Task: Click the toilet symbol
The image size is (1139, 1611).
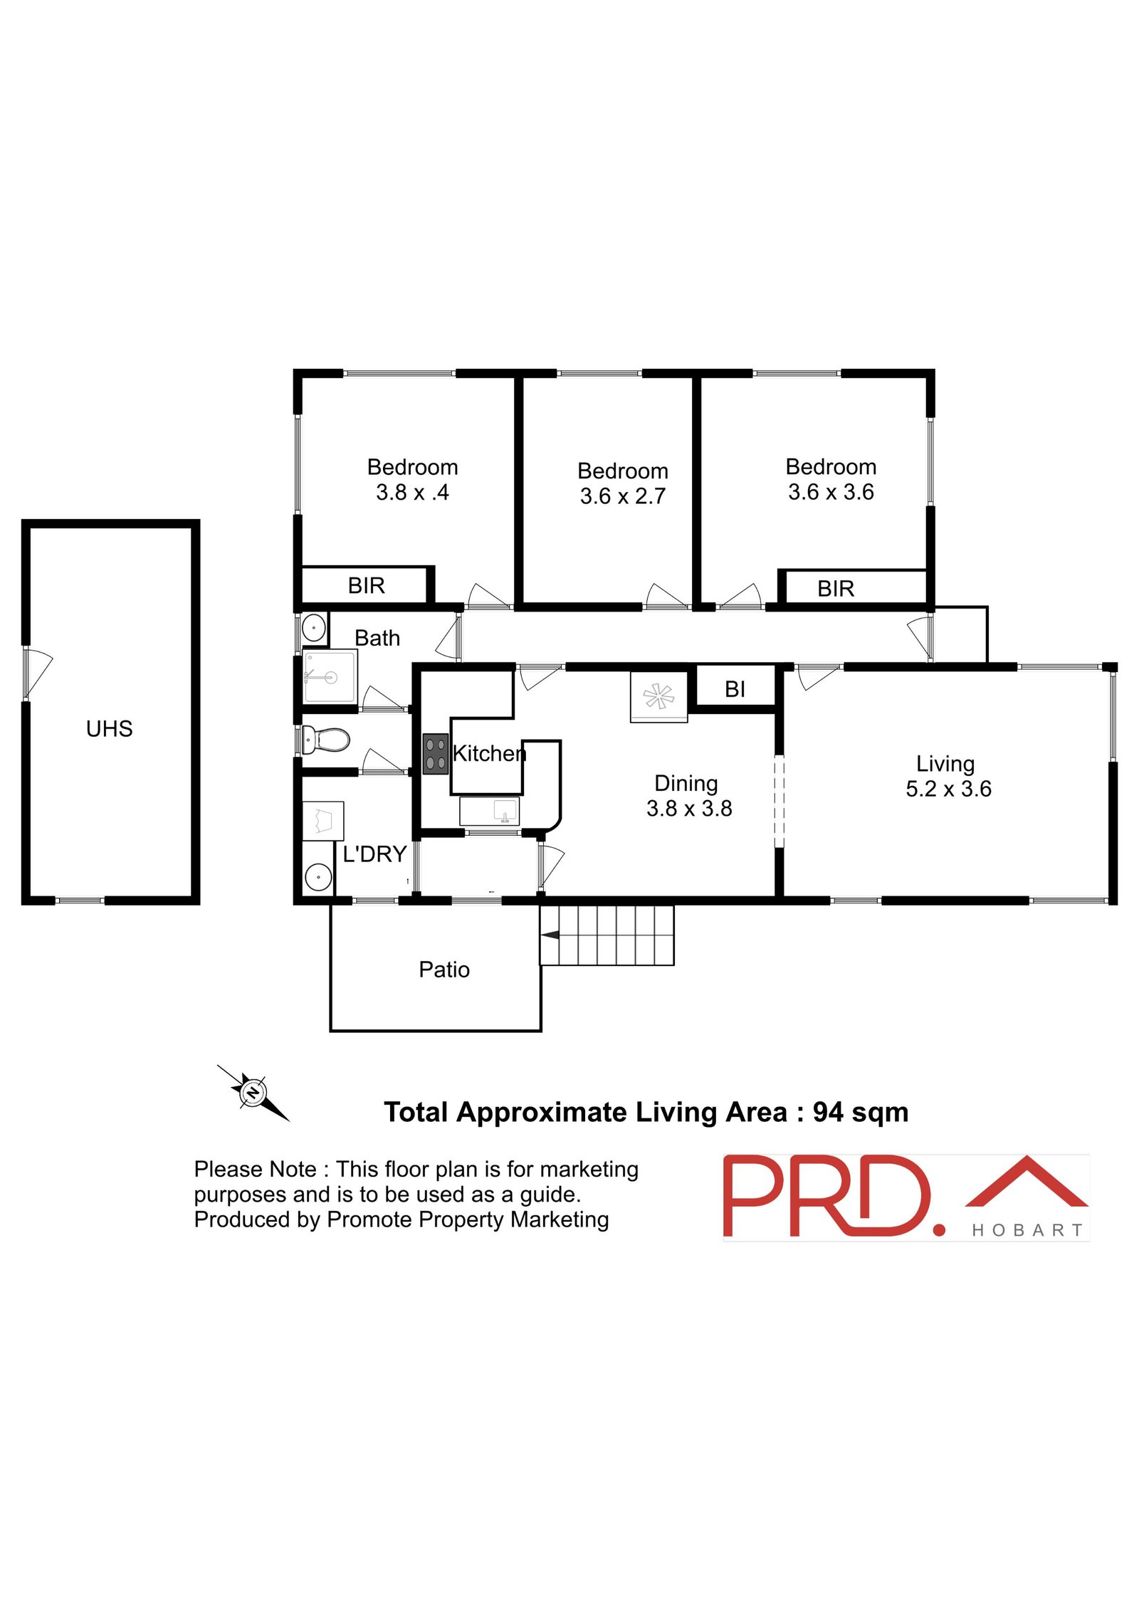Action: click(x=325, y=740)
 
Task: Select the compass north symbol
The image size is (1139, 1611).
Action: click(x=253, y=1093)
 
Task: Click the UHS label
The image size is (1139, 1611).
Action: click(x=109, y=728)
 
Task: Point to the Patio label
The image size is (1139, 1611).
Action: click(x=444, y=970)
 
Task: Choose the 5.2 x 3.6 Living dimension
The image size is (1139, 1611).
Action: click(x=948, y=789)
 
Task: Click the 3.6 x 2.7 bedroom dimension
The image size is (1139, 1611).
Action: click(x=623, y=496)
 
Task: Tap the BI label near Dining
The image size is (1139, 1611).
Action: click(x=735, y=689)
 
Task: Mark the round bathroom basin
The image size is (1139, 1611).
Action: click(x=314, y=628)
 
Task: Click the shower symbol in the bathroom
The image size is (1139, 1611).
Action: click(x=330, y=676)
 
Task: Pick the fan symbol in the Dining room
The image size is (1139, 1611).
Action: click(x=658, y=696)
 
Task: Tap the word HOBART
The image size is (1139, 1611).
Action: click(x=1027, y=1230)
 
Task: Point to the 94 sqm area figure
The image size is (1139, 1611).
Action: click(x=861, y=1112)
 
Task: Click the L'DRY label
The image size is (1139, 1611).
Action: click(x=374, y=854)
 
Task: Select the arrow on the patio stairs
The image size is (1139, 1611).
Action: click(x=550, y=935)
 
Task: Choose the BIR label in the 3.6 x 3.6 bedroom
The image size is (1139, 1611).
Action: click(x=836, y=589)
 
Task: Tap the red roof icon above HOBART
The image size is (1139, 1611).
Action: click(x=1026, y=1182)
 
